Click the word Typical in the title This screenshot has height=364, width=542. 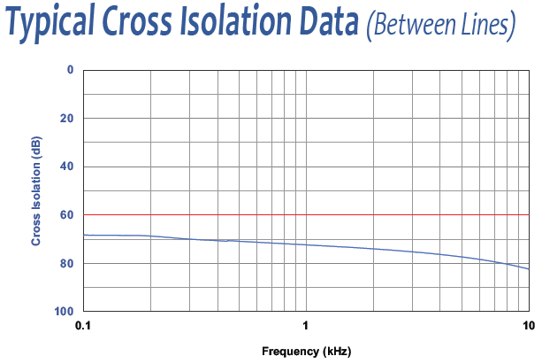click(x=54, y=27)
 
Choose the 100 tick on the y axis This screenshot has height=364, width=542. click(x=65, y=312)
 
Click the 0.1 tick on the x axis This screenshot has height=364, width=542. click(x=83, y=325)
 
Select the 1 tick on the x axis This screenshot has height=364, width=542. click(x=306, y=325)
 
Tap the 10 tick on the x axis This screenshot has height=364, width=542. click(x=528, y=325)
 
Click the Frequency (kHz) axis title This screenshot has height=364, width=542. click(x=306, y=352)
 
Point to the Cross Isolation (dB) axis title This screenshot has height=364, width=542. click(x=36, y=191)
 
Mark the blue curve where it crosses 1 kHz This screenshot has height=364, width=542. click(x=306, y=244)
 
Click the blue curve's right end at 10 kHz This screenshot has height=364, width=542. click(x=528, y=268)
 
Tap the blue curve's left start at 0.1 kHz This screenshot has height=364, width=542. click(x=85, y=235)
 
